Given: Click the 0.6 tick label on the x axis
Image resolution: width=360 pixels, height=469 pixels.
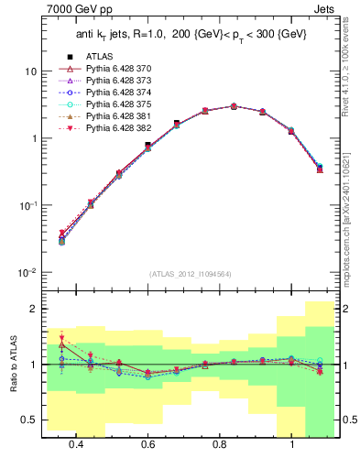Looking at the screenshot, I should click(x=147, y=444).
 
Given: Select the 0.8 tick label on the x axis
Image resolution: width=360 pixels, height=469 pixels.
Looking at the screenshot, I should click(x=220, y=444).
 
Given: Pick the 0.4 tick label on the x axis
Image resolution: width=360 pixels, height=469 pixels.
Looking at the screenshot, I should click(x=76, y=444).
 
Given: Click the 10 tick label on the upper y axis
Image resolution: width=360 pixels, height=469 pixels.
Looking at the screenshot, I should click(x=30, y=71).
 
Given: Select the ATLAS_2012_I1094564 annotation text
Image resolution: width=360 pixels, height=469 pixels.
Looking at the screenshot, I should click(x=190, y=274).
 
